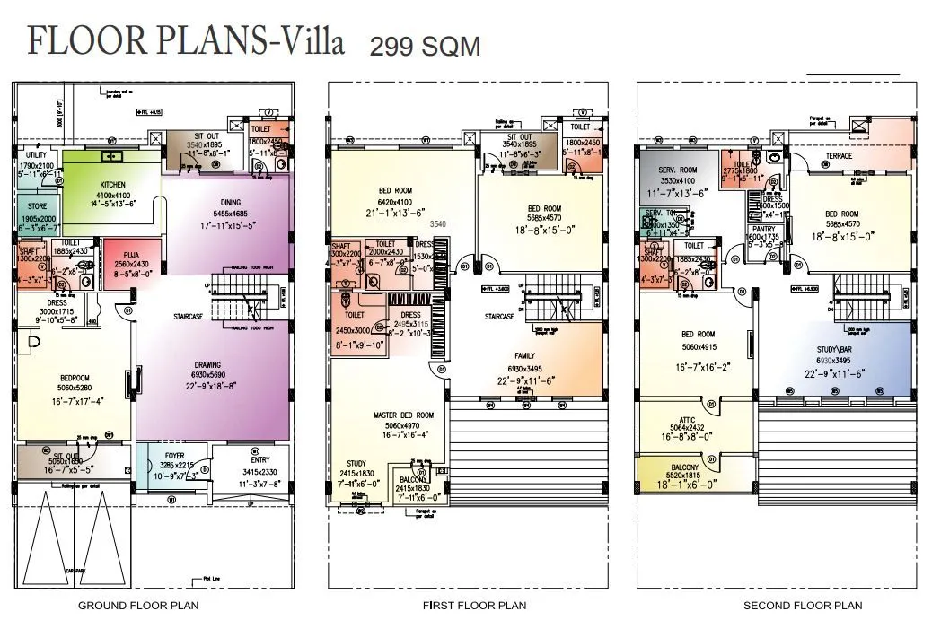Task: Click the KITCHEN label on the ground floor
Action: (x=112, y=183)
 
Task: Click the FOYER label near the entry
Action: (x=174, y=456)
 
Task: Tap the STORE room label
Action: (x=36, y=206)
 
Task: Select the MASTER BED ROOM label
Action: (x=403, y=415)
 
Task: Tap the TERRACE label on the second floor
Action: (x=839, y=156)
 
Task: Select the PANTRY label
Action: (x=764, y=229)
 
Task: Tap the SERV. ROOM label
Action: (x=677, y=170)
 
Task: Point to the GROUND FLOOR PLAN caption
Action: (x=137, y=606)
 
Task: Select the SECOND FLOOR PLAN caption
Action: (x=802, y=606)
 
